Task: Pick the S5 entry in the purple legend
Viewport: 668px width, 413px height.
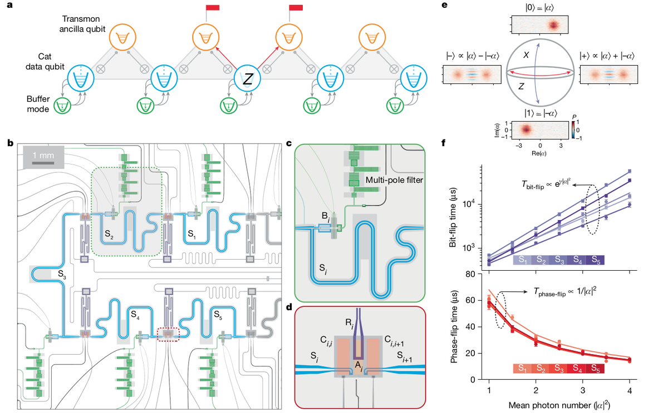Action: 595,260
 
